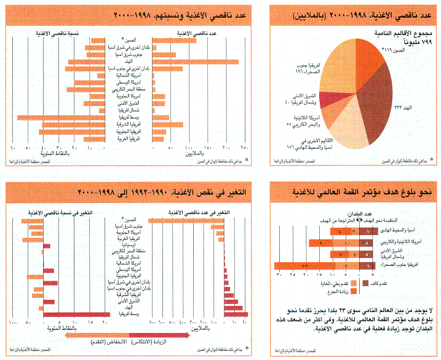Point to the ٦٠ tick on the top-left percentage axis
[12, 148]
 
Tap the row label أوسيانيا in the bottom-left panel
[134, 245]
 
